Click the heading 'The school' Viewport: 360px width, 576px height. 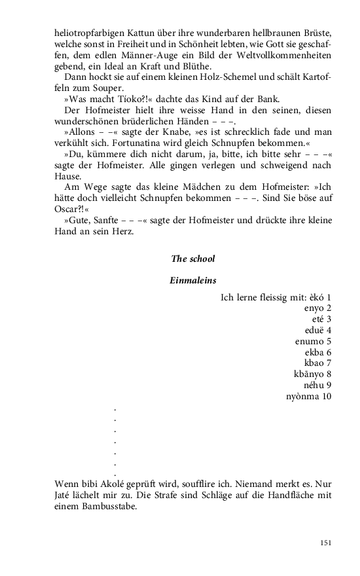pyautogui.click(x=192, y=259)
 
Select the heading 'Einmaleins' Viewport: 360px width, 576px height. pyautogui.click(x=192, y=280)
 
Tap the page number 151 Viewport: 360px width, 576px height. pyautogui.click(x=325, y=543)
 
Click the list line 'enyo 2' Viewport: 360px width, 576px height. pyautogui.click(x=317, y=308)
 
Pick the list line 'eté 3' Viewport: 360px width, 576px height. pyautogui.click(x=321, y=319)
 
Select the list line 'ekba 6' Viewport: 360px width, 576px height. pyautogui.click(x=317, y=352)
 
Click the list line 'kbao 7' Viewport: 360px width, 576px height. pyautogui.click(x=317, y=363)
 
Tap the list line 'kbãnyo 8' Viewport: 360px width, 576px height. pyautogui.click(x=312, y=374)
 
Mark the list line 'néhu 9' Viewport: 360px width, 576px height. pyautogui.click(x=317, y=386)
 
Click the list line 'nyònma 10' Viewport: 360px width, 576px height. pyautogui.click(x=308, y=397)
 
